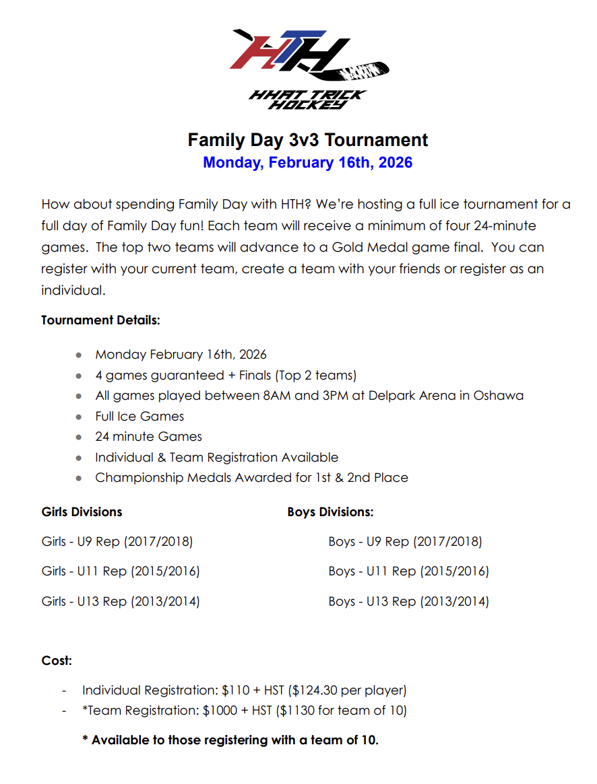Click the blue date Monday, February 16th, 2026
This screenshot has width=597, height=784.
coord(307,163)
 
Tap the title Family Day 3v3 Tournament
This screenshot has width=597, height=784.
coord(307,140)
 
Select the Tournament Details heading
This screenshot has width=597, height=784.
coord(100,320)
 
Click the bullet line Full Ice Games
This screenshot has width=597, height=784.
coord(139,417)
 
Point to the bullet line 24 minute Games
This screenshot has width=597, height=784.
coord(148,437)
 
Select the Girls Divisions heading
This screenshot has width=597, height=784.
coord(82,512)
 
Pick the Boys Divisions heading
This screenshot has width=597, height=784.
coord(330,512)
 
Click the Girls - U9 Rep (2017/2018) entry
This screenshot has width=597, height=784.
coord(117,542)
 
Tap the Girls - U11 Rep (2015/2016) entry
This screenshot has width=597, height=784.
coord(121,571)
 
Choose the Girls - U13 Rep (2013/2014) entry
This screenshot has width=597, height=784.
coord(121,602)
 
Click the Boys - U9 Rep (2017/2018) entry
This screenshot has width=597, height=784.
coord(405,542)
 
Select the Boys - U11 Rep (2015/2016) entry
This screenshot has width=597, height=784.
coord(408,571)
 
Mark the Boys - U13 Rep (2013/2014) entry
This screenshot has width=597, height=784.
coord(408,602)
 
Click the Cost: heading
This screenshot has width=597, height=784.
coord(57,661)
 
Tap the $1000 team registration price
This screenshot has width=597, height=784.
coord(241,710)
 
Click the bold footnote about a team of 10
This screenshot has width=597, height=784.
coord(230,740)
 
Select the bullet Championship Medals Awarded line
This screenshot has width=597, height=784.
coord(251,478)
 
